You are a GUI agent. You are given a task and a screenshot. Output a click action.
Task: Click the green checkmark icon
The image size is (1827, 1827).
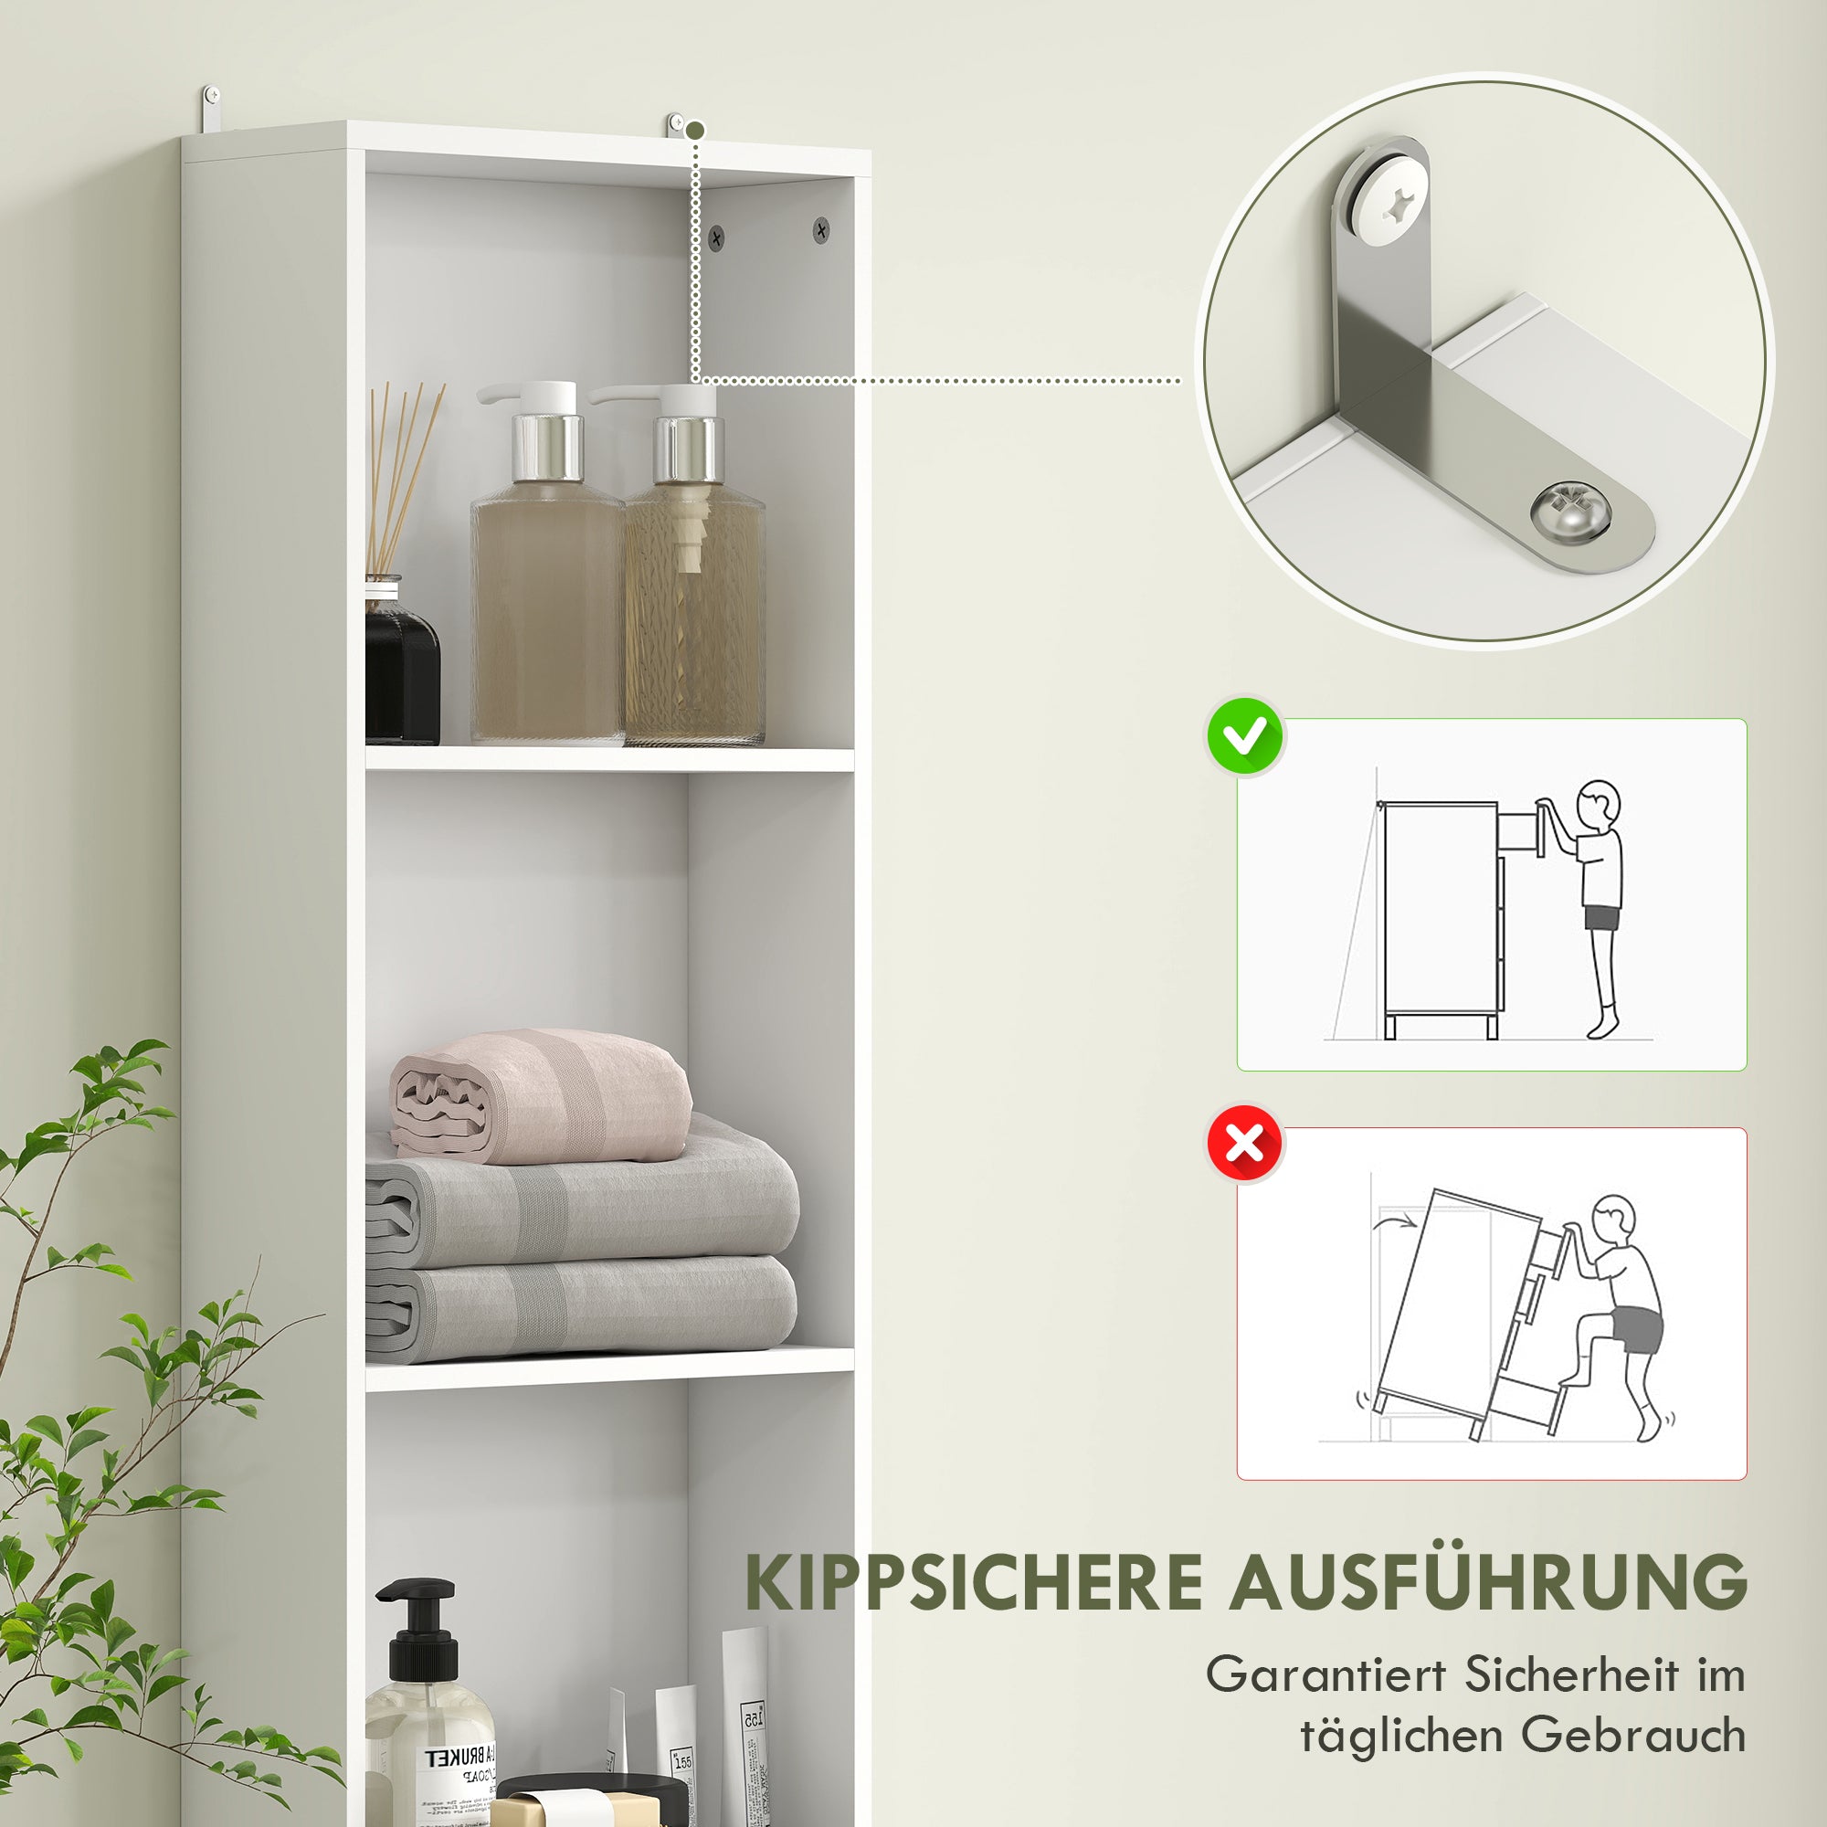[x=1244, y=737]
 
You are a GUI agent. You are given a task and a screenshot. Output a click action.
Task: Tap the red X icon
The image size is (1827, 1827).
[x=1244, y=1145]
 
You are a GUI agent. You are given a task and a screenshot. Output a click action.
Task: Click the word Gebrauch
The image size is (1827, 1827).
[x=1632, y=1736]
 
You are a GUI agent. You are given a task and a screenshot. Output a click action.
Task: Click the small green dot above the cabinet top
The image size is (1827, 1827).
[x=696, y=130]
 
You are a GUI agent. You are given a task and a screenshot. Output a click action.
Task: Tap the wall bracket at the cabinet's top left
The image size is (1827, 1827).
[x=212, y=109]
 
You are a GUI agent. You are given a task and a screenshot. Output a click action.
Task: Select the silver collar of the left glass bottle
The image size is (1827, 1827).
[x=546, y=448]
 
